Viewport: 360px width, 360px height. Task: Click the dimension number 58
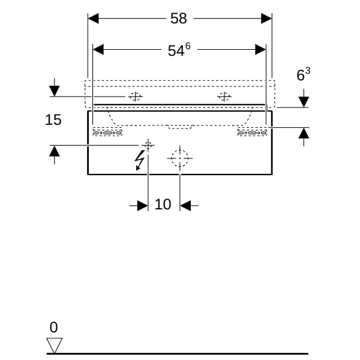(179, 19)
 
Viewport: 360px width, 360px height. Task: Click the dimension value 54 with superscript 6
(178, 50)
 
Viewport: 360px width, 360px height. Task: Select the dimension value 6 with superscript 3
(304, 75)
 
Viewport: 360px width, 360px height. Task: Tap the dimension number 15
(53, 120)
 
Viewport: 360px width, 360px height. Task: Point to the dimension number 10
(163, 205)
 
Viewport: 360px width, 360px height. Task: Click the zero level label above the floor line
(54, 328)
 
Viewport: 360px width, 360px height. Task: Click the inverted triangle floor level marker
(55, 345)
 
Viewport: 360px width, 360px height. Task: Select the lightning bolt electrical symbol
(140, 160)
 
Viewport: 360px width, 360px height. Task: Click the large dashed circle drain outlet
(179, 158)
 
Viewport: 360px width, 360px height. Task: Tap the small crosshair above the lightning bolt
(148, 145)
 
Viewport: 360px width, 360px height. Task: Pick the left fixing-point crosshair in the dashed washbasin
(136, 96)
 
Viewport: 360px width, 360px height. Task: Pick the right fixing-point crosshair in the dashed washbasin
(224, 96)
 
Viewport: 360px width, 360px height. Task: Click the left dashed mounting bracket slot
(107, 133)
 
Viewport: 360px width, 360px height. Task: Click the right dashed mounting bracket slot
(253, 133)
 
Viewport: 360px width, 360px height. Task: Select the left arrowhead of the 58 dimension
(93, 19)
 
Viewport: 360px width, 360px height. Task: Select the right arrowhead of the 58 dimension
(267, 19)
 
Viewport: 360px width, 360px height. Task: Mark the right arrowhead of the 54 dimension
(261, 50)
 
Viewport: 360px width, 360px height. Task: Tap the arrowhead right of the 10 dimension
(185, 206)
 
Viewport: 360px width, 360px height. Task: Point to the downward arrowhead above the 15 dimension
(55, 91)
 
